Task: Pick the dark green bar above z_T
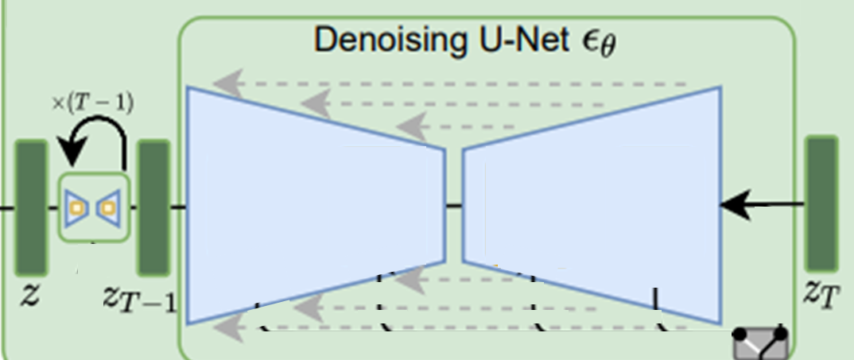point(821,203)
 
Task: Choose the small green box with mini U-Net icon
point(94,207)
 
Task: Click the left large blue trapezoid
point(315,205)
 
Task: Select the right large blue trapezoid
point(592,205)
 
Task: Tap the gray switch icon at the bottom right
point(759,344)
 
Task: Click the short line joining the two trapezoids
point(454,206)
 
